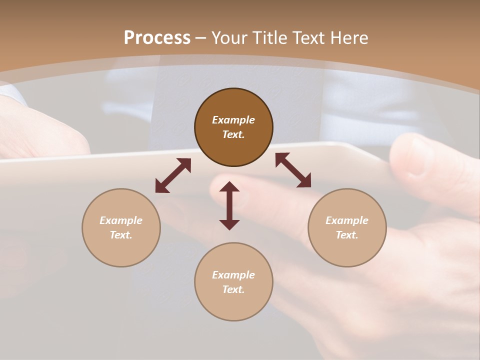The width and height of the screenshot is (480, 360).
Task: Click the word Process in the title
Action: (x=157, y=38)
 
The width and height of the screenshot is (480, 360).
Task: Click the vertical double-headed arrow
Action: (x=229, y=205)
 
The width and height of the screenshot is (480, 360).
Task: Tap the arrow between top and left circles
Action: (x=173, y=175)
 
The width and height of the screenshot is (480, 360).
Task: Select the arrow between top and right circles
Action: (x=293, y=170)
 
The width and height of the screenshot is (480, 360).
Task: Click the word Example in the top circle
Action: (x=233, y=120)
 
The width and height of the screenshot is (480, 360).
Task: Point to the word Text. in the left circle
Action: (x=121, y=235)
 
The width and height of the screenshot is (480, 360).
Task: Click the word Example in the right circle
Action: (x=347, y=220)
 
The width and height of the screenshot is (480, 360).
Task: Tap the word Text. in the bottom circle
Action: (x=233, y=289)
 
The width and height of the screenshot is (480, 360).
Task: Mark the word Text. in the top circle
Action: (x=233, y=134)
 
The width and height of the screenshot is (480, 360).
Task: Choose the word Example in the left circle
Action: (x=121, y=220)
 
